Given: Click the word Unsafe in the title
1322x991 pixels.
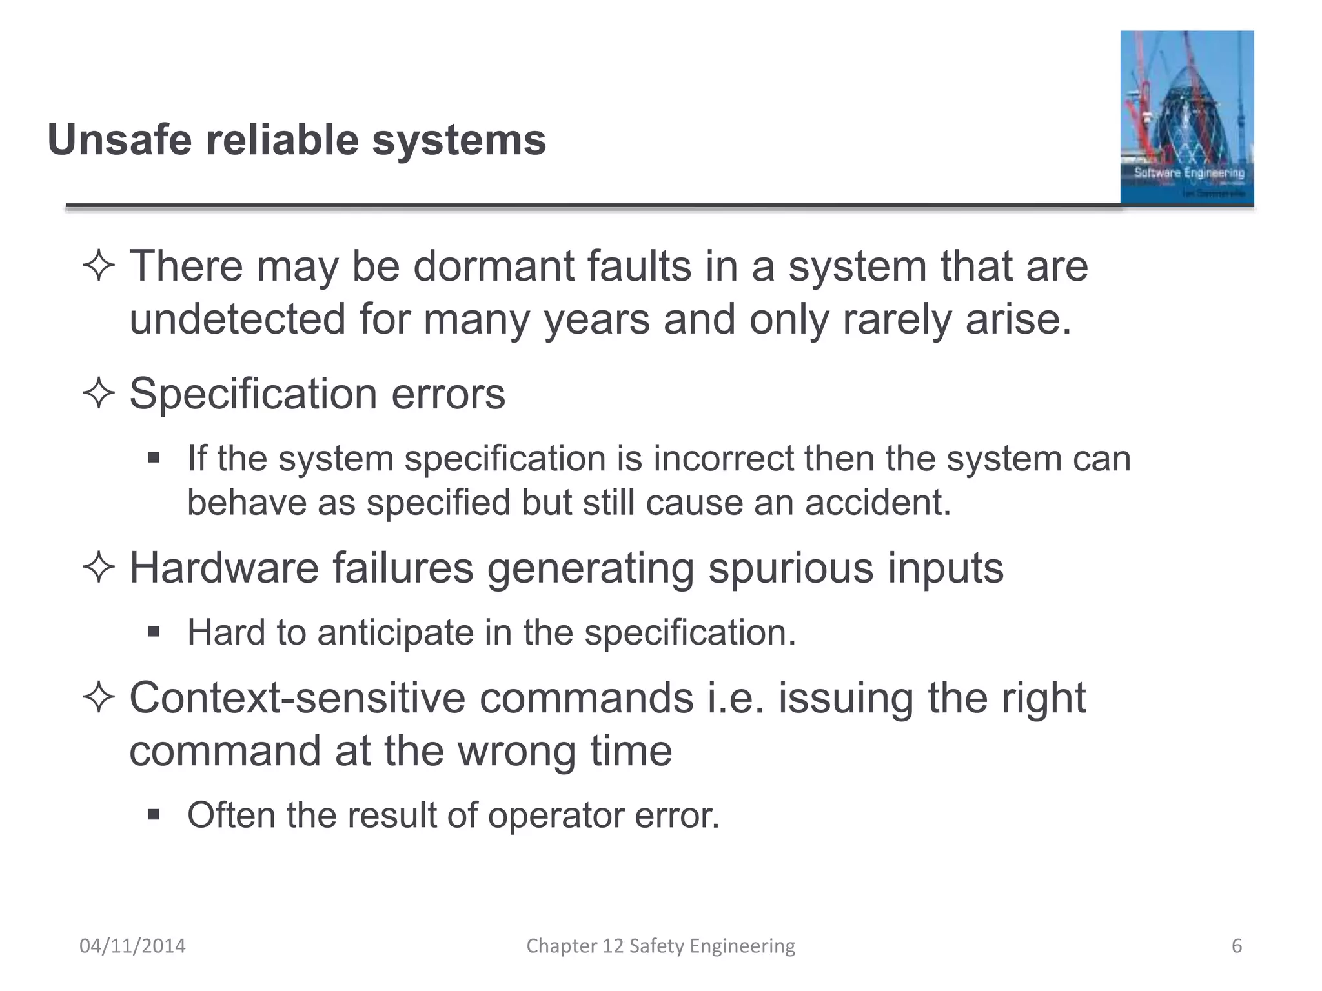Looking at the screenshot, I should click(119, 140).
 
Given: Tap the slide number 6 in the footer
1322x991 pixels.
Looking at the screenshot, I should click(1237, 946).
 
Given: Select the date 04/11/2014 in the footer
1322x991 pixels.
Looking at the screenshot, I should click(132, 946).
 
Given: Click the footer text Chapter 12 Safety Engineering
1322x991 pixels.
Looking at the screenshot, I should click(660, 946).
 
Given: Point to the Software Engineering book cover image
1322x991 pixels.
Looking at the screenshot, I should click(1186, 118).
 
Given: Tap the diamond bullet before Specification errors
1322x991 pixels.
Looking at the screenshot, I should click(99, 393).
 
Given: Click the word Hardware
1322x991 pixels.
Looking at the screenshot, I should click(224, 568).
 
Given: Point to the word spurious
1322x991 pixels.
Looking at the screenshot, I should click(791, 568).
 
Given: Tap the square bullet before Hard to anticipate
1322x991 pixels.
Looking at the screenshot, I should click(154, 631).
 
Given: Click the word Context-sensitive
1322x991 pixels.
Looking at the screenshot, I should click(297, 698).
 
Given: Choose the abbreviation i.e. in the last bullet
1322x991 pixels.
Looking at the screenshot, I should click(736, 698).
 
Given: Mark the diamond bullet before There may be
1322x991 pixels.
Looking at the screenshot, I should click(99, 266).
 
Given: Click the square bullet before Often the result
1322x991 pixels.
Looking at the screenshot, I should click(154, 814).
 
